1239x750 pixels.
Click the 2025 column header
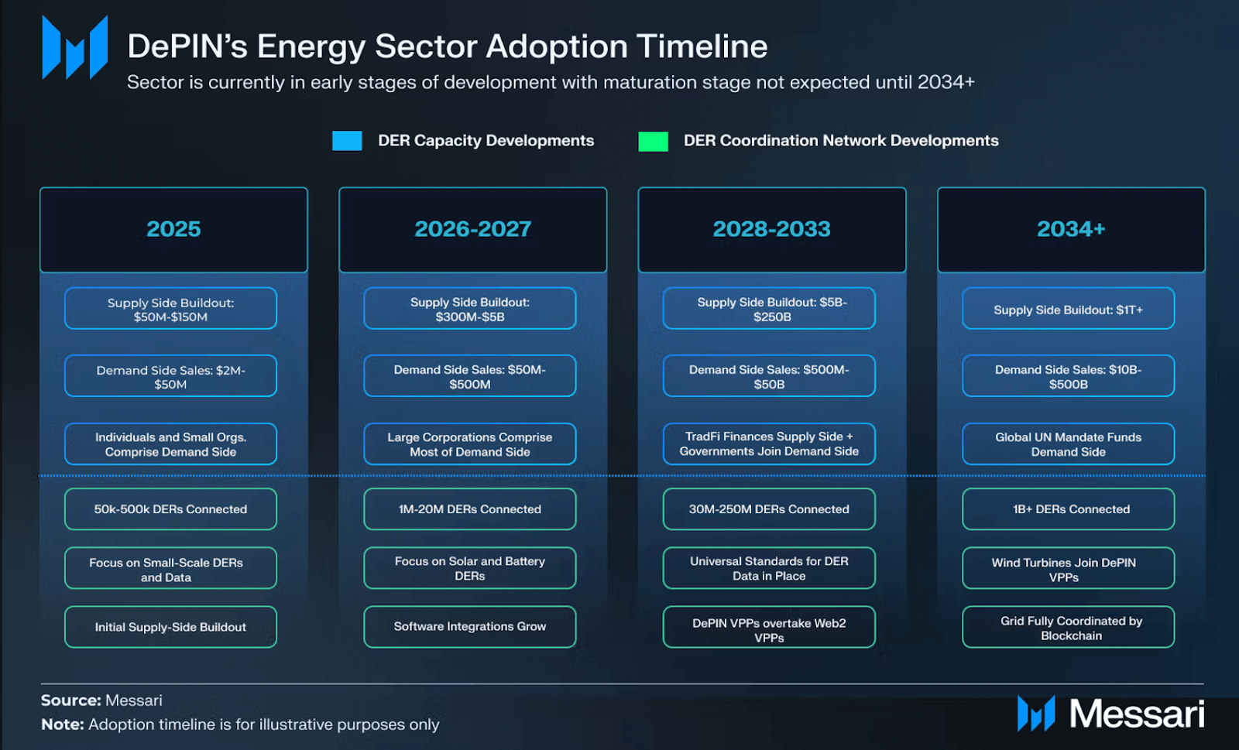pos(173,229)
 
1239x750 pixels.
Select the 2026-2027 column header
pos(472,229)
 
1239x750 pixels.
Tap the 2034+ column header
pos(1071,229)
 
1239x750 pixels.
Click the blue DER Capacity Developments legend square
pos(347,141)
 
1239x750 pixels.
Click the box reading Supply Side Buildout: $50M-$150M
pos(170,309)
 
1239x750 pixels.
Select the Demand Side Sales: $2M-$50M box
pos(170,376)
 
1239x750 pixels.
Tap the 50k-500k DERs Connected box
pos(170,509)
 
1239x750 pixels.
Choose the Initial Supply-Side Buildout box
pos(170,627)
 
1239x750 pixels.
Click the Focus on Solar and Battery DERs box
pos(470,568)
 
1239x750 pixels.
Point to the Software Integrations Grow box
pos(470,627)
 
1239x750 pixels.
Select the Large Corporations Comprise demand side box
pos(470,444)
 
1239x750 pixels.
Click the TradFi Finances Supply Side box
pos(769,443)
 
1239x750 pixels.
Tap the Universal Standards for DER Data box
pos(769,568)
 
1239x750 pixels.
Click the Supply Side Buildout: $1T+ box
pos(1068,310)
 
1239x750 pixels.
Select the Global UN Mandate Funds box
pos(1068,444)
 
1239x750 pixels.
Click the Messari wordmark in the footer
pos(1136,714)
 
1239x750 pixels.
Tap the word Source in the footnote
pos(70,700)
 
